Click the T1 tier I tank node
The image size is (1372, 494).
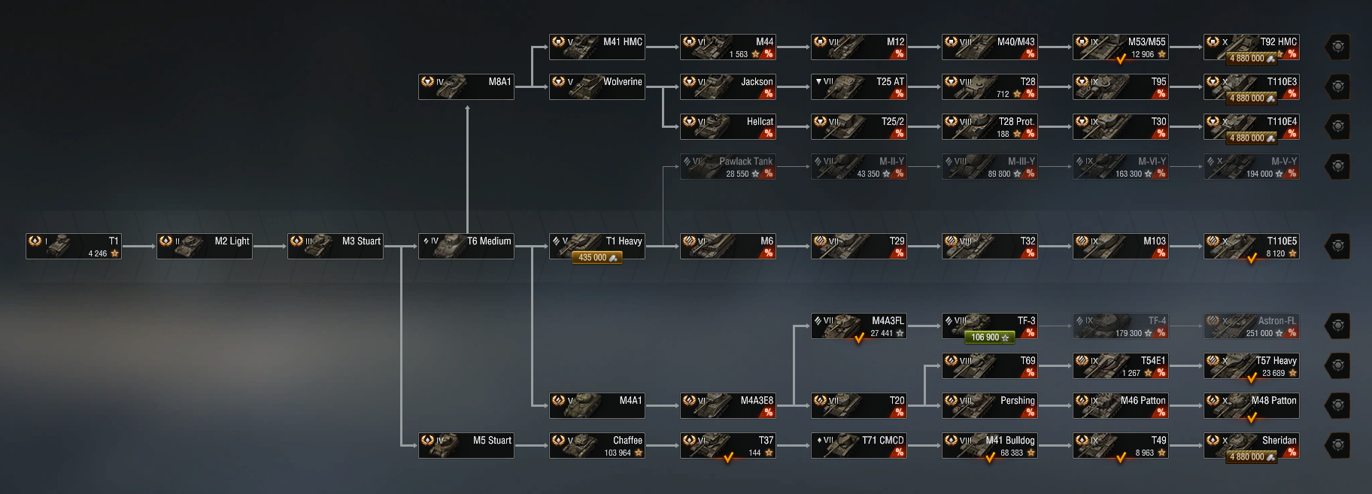74,246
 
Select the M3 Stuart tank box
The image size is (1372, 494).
335,246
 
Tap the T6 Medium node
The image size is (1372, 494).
466,246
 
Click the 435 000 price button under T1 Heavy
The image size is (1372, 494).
597,258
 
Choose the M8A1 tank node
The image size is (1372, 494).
466,86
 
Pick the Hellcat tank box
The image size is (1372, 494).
728,126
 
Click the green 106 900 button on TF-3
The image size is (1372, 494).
990,338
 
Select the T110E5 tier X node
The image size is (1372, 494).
1252,246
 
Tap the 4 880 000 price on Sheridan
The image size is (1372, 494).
1252,456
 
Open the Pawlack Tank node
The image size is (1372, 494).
728,166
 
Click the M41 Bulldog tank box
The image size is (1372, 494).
990,445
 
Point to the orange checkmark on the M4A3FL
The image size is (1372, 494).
859,338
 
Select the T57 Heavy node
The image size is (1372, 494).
1252,365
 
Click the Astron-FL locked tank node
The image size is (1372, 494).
1252,326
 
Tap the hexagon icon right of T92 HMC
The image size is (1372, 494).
1338,47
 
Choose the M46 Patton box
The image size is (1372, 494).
1121,405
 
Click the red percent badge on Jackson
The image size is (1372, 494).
768,94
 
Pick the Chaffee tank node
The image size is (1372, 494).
597,445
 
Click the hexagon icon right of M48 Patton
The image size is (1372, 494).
1338,405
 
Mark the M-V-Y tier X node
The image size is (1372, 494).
1252,166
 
